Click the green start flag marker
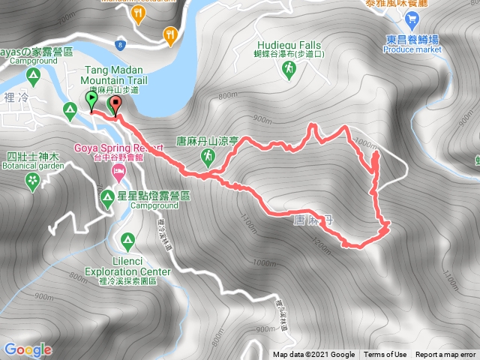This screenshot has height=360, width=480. tap(91, 100)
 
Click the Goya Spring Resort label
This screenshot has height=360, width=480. tap(118, 148)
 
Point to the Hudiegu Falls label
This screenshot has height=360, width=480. tap(287, 44)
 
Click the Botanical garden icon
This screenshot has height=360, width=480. tap(31, 180)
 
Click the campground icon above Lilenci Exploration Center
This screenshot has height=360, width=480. tap(127, 240)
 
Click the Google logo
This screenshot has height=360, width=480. tap(27, 349)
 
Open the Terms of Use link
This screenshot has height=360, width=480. tap(385, 355)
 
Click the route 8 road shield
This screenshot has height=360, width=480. tap(119, 46)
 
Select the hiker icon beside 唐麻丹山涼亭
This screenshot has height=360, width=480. tap(208, 157)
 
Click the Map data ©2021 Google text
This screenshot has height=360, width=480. tap(313, 355)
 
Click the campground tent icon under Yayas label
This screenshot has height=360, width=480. tap(32, 75)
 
